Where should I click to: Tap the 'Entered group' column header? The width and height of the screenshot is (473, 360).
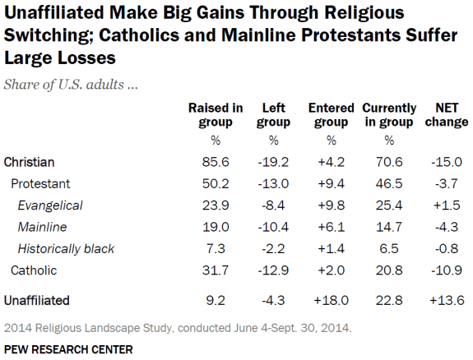pos(330,115)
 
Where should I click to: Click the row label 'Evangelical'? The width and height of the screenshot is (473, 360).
pos(50,205)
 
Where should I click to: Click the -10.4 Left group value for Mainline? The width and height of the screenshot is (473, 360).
pos(273,227)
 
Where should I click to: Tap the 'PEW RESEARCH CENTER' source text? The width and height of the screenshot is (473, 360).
pos(68,349)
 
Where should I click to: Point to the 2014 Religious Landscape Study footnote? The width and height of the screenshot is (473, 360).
pos(178,328)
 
